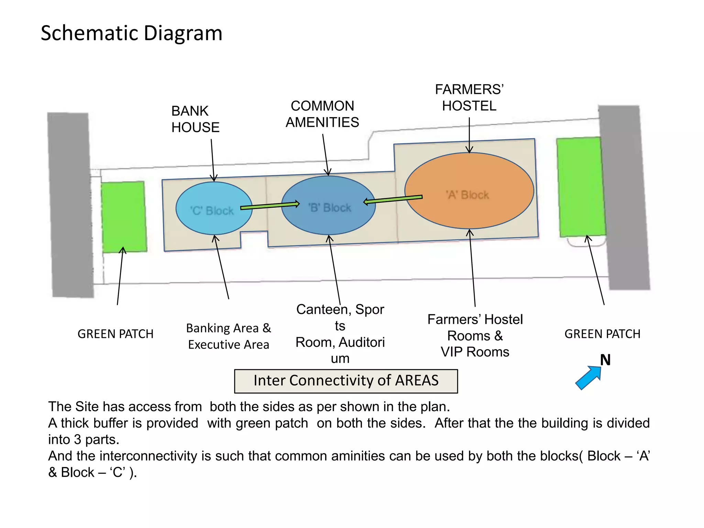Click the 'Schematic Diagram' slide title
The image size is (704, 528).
(131, 33)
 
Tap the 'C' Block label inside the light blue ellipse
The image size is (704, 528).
(212, 210)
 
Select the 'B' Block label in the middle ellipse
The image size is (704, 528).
(330, 208)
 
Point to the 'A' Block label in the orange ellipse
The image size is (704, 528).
(467, 195)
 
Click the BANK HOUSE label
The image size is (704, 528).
(195, 119)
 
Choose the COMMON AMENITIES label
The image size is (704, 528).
(322, 114)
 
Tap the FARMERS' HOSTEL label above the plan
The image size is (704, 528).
(469, 98)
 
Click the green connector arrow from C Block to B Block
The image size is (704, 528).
(270, 206)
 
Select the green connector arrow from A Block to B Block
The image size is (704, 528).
(393, 199)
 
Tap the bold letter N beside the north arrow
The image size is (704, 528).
(605, 360)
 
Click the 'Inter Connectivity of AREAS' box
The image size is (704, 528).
(346, 381)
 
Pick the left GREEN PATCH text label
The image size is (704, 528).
(115, 334)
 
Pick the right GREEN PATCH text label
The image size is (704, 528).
(602, 334)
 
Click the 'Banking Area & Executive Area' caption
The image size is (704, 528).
(229, 336)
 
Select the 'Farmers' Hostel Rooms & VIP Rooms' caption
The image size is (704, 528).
(475, 335)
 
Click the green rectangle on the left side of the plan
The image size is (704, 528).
(124, 217)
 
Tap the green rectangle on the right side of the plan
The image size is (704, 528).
(581, 187)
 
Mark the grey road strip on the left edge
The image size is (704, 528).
(70, 205)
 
